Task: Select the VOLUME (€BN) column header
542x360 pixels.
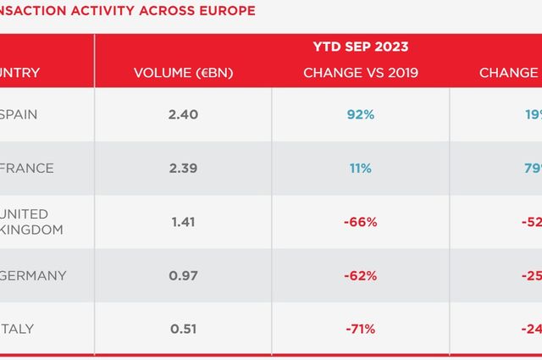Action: point(183,73)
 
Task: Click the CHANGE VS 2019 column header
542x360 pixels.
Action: point(360,73)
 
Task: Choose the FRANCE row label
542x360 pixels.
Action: point(26,169)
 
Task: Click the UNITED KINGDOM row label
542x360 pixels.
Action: point(25,222)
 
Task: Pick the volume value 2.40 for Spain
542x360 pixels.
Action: point(183,114)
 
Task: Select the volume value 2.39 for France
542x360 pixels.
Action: point(183,169)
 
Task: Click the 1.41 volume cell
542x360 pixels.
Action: point(183,222)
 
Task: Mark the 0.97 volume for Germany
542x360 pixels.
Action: point(183,275)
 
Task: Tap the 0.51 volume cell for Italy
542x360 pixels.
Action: point(183,329)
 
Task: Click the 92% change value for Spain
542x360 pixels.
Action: point(360,114)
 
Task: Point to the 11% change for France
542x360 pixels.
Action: point(360,169)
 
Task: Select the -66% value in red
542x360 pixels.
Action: point(360,222)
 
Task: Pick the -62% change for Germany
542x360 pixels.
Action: point(360,275)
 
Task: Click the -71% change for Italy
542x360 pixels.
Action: point(360,329)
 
